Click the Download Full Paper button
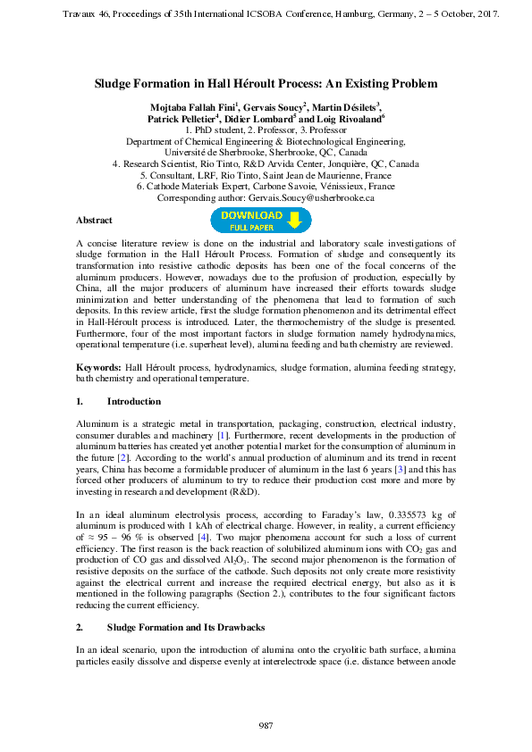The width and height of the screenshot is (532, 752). pos(260,221)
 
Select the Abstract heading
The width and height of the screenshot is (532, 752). pos(94,220)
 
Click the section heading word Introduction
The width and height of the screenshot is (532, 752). pos(134,402)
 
